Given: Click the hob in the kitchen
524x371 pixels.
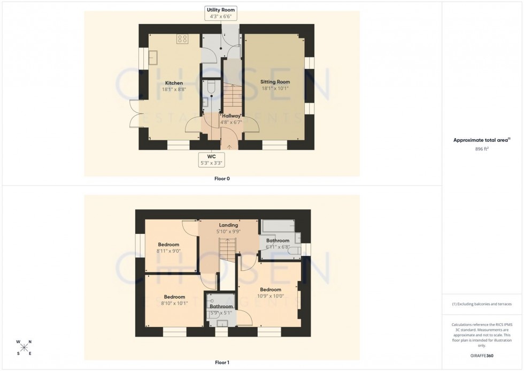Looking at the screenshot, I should (x=182, y=39).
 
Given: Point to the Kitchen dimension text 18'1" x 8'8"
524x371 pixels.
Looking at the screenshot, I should (x=174, y=89).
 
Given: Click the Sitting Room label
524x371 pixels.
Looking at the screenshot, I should (x=275, y=82).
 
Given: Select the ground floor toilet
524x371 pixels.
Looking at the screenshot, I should (x=211, y=87).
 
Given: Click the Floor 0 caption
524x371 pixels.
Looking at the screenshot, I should (x=221, y=178).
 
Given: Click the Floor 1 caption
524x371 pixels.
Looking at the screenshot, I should (x=221, y=362).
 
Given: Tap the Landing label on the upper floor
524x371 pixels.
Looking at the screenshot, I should (x=228, y=225).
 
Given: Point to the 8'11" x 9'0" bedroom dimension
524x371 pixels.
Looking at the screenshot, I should (x=168, y=251).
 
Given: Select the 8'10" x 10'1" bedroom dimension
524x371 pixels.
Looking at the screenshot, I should (x=174, y=303).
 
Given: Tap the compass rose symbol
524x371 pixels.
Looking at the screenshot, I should (x=25, y=347).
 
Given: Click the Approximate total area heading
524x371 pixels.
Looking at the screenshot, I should (x=482, y=140).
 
